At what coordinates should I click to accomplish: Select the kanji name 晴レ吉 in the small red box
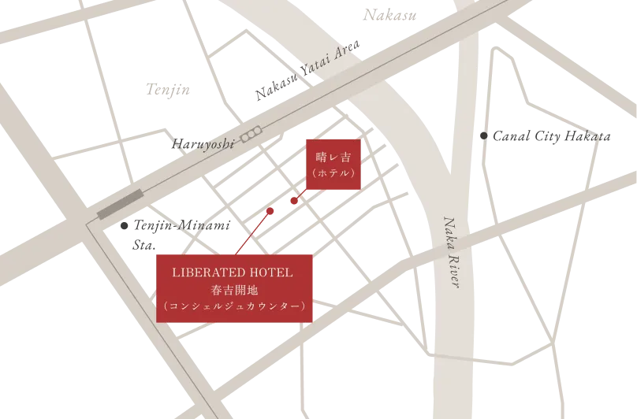(x=333, y=157)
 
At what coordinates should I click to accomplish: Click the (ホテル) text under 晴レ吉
(x=333, y=172)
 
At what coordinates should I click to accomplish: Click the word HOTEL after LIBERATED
(x=272, y=273)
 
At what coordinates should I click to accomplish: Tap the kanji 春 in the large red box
(x=208, y=289)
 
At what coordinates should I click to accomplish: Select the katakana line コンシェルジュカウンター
(x=235, y=306)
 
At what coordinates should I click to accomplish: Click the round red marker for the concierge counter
(x=270, y=210)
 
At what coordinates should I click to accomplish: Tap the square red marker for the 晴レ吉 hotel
(x=294, y=202)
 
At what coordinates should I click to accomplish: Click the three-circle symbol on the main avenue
(x=251, y=135)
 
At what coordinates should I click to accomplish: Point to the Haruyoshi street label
(x=203, y=144)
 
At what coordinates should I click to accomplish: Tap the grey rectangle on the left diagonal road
(x=120, y=204)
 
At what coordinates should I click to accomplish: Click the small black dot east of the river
(x=482, y=136)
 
